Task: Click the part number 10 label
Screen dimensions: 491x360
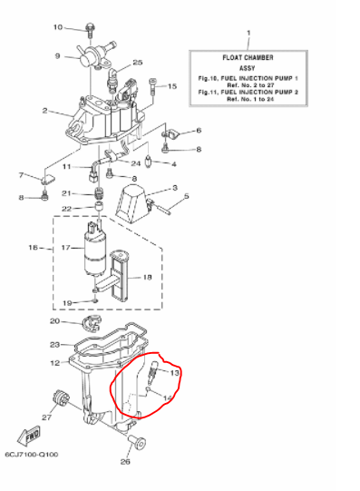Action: tap(58, 27)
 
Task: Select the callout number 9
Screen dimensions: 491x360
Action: tap(57, 55)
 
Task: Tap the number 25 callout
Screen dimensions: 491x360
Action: tap(138, 63)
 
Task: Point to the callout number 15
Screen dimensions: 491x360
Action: tap(172, 87)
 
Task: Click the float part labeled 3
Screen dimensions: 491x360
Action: tap(135, 201)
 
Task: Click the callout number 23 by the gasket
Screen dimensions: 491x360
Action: tap(54, 345)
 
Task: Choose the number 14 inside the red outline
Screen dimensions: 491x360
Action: tap(168, 397)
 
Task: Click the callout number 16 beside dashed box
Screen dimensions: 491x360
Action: tap(34, 247)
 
